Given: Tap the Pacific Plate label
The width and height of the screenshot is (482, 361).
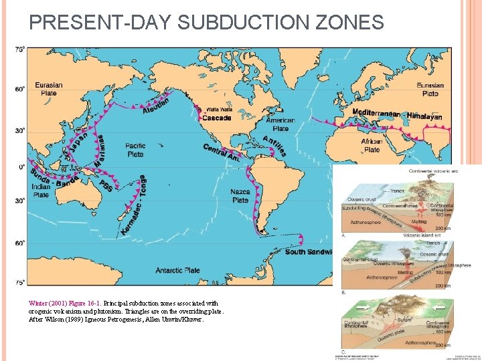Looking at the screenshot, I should (x=135, y=150).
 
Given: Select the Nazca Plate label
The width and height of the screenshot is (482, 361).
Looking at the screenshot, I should (x=240, y=195).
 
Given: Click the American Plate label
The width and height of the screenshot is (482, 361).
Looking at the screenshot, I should (x=280, y=124).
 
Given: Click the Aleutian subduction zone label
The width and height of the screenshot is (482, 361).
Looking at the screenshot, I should (x=156, y=106).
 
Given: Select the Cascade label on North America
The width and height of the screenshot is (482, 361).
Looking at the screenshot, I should (x=216, y=118).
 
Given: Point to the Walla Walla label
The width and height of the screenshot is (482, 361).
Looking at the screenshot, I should (x=220, y=110).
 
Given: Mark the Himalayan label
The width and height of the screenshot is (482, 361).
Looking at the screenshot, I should (x=424, y=116).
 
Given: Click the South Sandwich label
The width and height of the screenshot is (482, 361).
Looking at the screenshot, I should (x=309, y=252).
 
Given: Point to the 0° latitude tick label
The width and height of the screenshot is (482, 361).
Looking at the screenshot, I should (x=21, y=167).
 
